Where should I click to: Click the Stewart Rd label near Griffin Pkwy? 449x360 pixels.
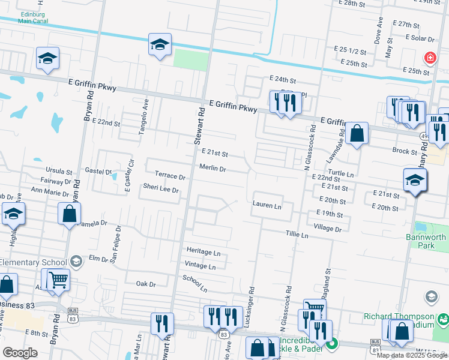(x=199, y=125)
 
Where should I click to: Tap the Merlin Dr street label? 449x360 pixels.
(x=212, y=169)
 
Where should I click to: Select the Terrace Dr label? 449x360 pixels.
(x=170, y=176)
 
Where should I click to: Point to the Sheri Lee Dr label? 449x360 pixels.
(x=161, y=189)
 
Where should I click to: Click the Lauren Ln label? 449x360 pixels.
(x=267, y=205)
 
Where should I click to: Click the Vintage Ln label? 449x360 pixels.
(x=200, y=266)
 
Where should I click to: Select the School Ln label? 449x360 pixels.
(x=195, y=284)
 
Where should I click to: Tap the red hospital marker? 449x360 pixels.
(x=430, y=58)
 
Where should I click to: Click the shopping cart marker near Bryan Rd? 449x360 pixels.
(x=58, y=280)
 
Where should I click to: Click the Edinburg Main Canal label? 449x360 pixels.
(x=17, y=17)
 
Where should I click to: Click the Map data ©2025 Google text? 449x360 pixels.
(x=411, y=355)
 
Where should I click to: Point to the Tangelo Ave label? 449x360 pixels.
(x=144, y=118)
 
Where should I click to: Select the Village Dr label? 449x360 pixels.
(x=327, y=229)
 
